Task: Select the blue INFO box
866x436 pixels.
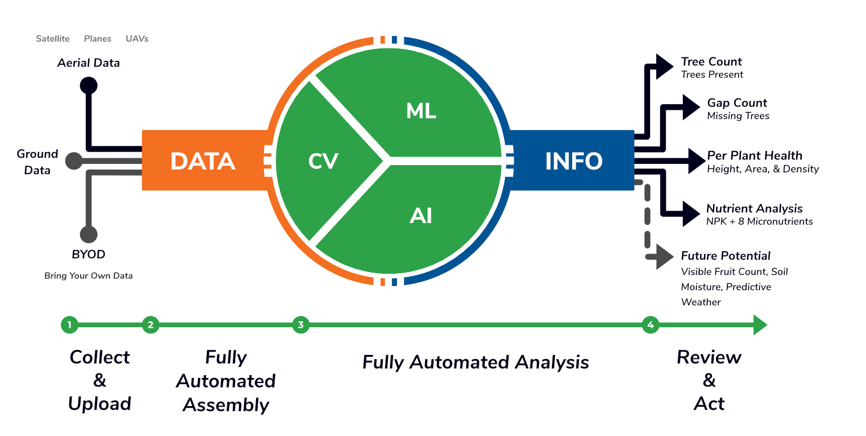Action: [572, 161]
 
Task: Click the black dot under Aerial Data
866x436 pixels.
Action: [89, 86]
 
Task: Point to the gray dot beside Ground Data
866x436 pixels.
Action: [74, 161]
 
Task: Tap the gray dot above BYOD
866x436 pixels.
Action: [89, 234]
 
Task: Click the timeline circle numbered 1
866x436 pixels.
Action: [69, 325]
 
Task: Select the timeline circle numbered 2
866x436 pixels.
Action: [151, 325]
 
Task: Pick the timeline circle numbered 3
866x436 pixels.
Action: [301, 325]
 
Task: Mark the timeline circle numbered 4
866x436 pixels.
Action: [651, 325]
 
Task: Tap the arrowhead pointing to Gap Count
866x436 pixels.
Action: [691, 107]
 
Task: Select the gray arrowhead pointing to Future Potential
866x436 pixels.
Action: [665, 257]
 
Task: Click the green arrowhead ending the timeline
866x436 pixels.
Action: [760, 325]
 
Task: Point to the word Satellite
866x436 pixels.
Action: [52, 39]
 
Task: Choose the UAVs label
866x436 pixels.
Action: [137, 39]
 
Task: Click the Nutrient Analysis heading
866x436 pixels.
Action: [754, 208]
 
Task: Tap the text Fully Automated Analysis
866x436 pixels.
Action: [475, 362]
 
